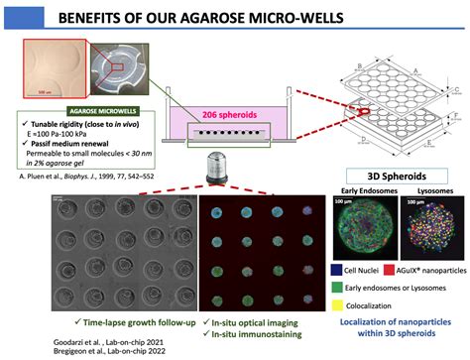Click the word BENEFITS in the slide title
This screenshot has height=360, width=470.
(x=118, y=19)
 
